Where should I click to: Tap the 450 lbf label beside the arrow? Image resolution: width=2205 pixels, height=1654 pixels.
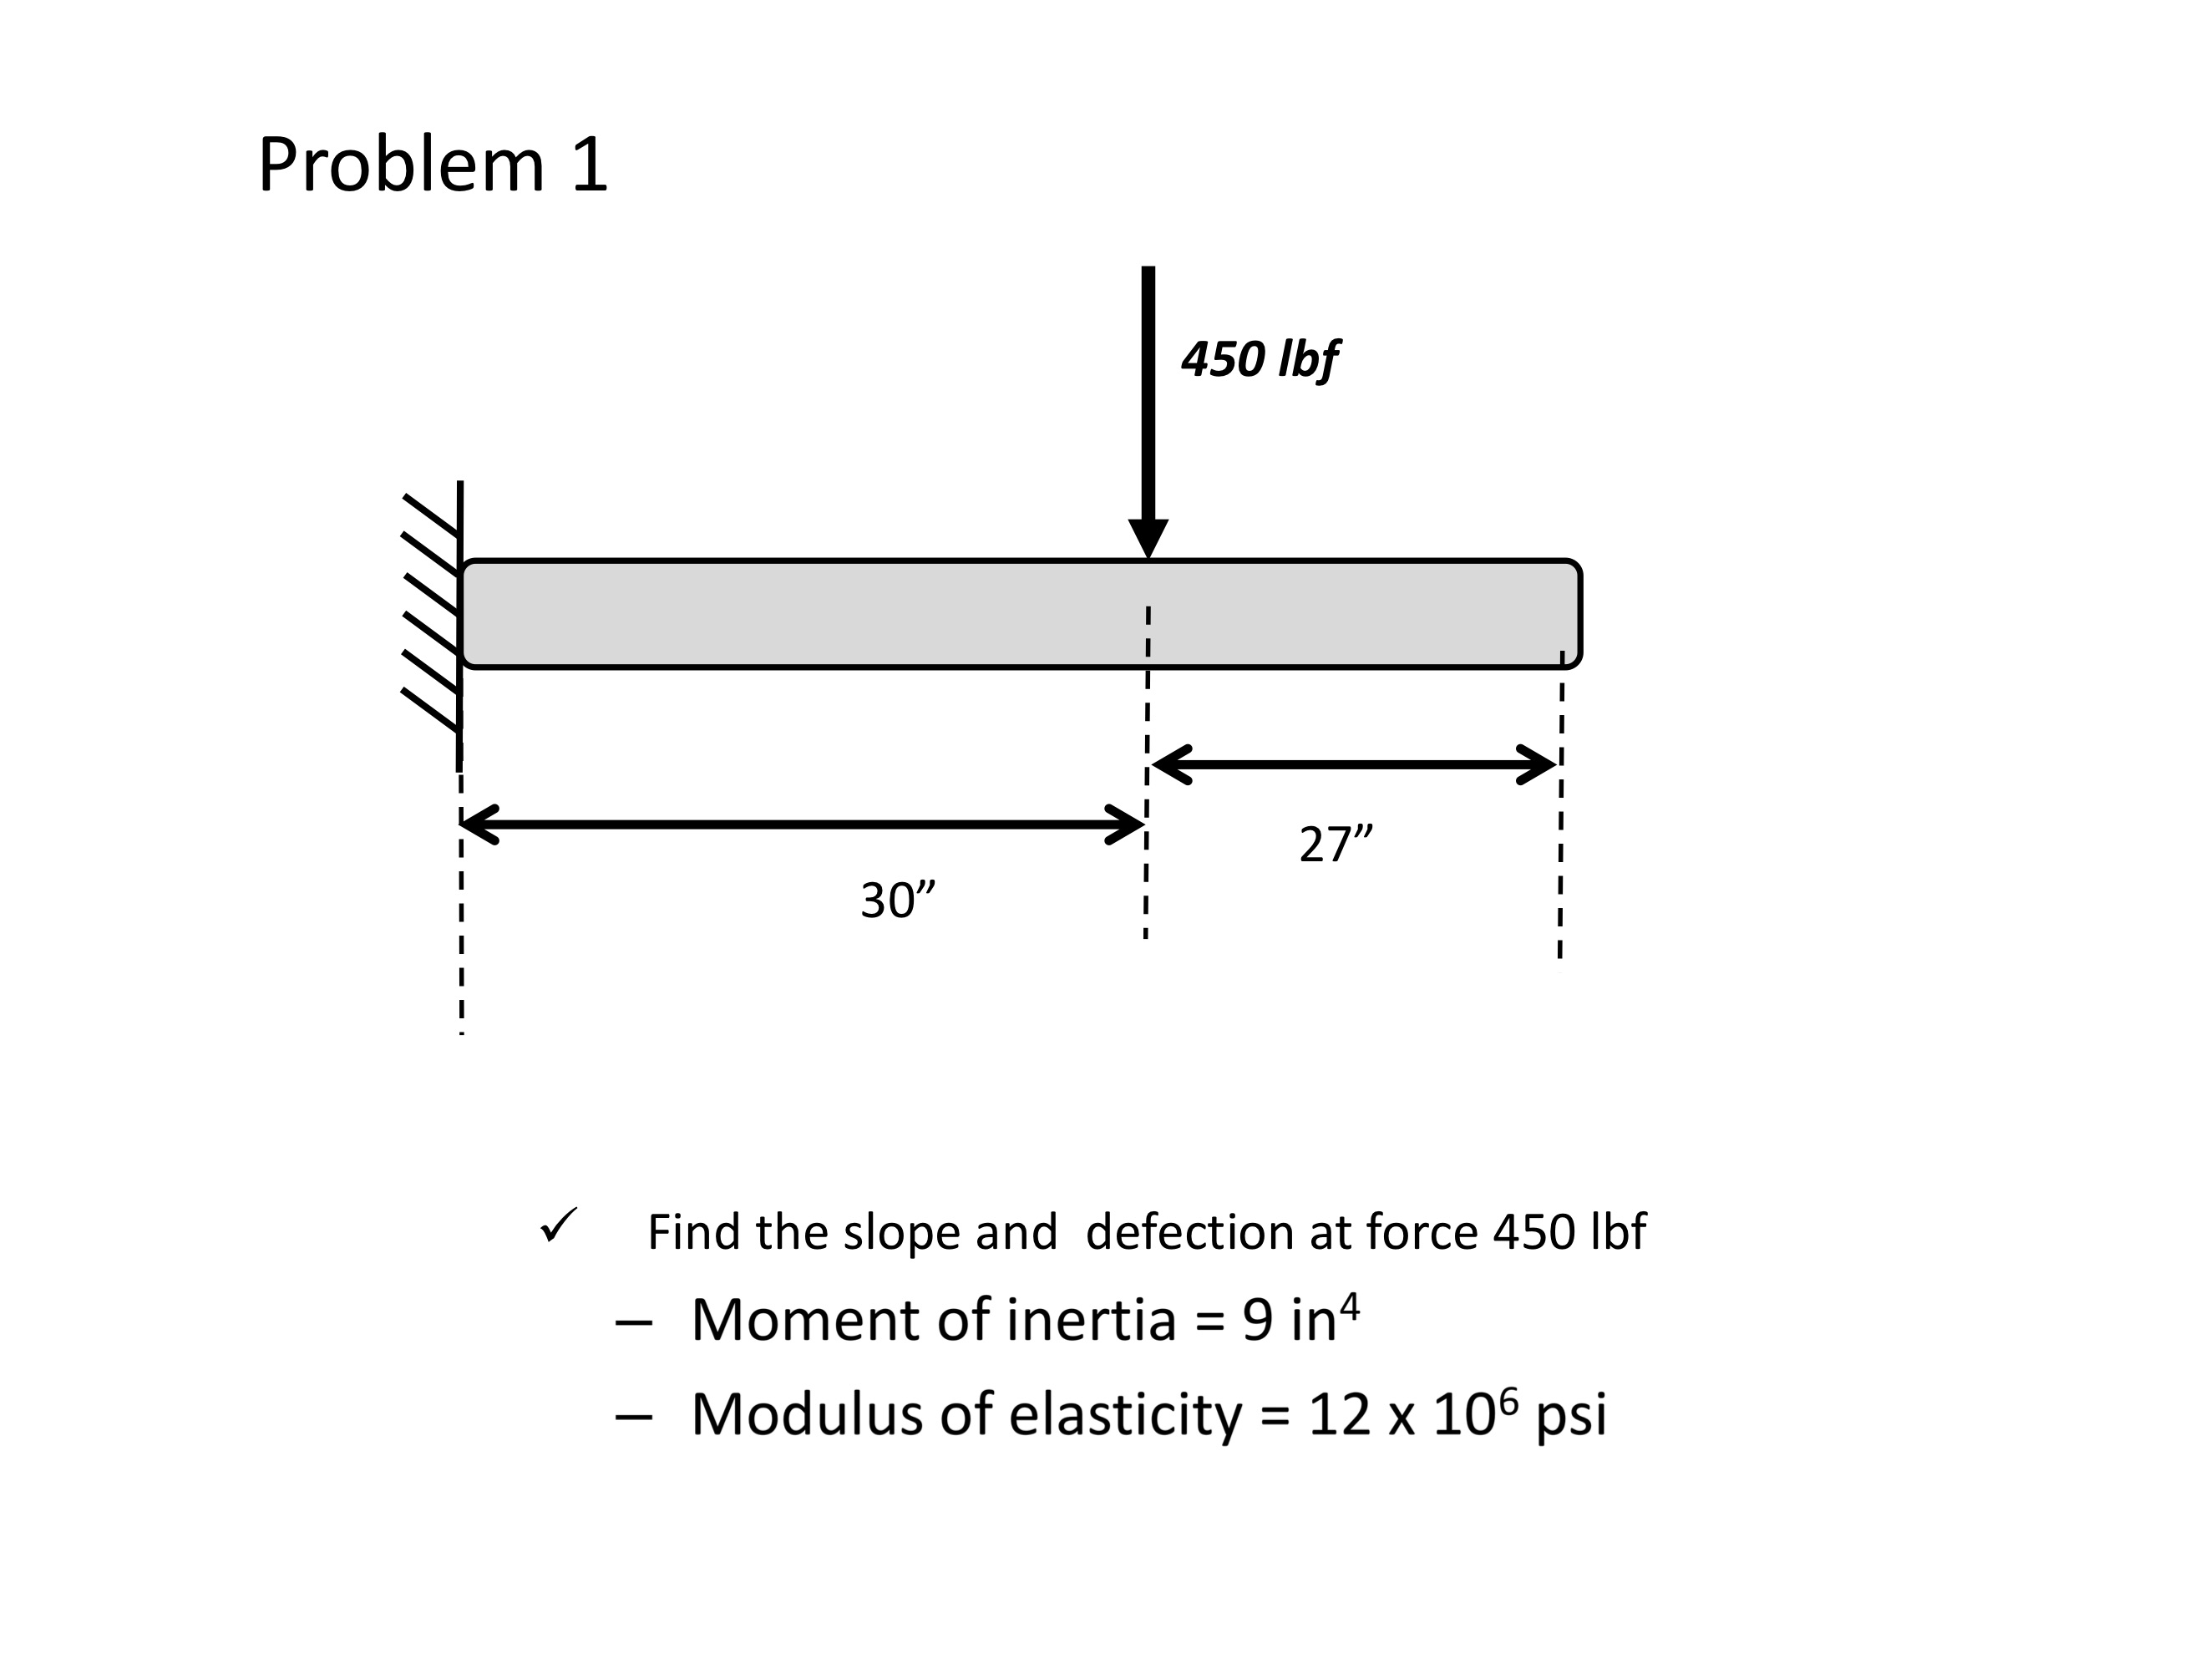[1258, 360]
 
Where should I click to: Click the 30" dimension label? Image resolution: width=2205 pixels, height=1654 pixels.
[897, 901]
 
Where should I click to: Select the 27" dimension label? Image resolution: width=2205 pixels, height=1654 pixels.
[1335, 845]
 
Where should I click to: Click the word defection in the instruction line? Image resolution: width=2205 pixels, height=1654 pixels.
[1189, 1232]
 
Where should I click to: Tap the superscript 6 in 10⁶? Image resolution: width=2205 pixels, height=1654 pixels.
[1508, 1401]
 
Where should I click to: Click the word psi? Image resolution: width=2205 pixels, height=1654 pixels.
[1571, 1417]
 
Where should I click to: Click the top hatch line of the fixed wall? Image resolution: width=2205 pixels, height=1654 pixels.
[431, 515]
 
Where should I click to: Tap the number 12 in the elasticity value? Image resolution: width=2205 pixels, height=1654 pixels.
[1339, 1415]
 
